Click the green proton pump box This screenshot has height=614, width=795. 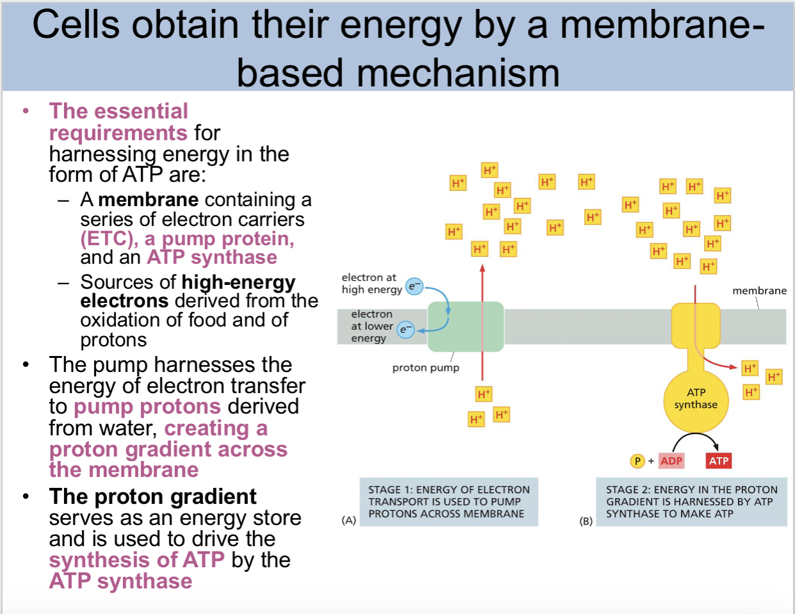(465, 327)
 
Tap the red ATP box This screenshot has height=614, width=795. (719, 461)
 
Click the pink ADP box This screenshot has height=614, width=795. (671, 461)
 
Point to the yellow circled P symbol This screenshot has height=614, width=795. (637, 461)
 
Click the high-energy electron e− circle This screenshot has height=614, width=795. (414, 287)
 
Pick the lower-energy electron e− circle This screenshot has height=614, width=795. (406, 330)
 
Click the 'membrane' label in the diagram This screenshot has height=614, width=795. (759, 291)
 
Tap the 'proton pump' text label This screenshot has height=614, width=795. (425, 368)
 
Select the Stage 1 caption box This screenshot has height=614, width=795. (448, 502)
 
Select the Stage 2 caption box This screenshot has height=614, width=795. (691, 502)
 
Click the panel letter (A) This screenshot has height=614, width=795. (348, 521)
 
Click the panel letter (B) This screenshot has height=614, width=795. (586, 521)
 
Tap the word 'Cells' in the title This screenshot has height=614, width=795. (76, 26)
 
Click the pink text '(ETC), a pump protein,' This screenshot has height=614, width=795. (187, 239)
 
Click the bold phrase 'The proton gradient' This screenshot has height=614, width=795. (152, 497)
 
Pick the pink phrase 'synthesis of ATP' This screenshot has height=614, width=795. (136, 560)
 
